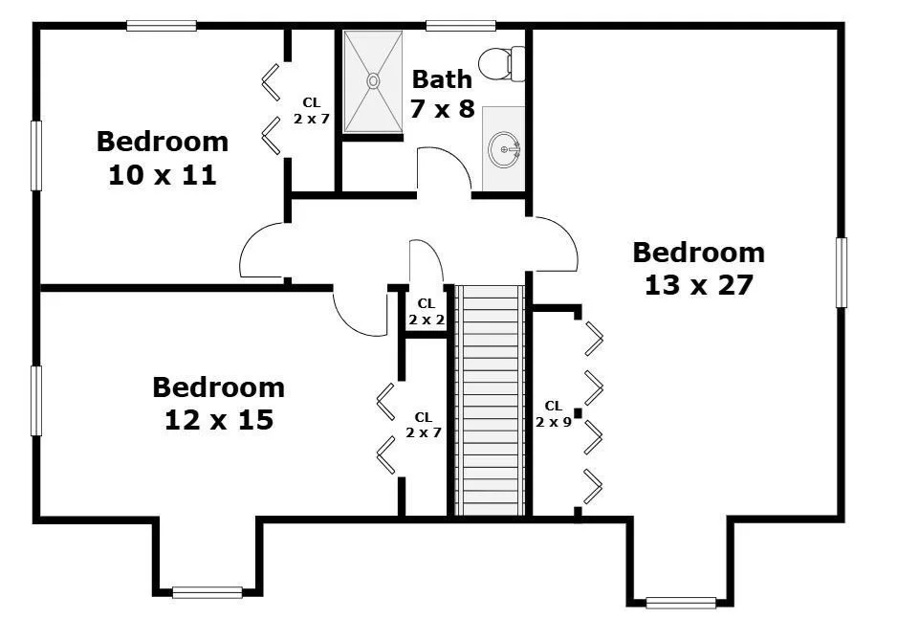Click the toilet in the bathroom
[501, 63]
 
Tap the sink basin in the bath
[504, 149]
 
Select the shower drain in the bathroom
[373, 81]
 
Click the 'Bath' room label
[442, 79]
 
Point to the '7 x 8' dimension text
[442, 107]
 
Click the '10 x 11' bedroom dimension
[163, 174]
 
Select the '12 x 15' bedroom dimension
[219, 420]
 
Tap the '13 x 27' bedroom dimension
[698, 285]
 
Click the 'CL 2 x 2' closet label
[427, 311]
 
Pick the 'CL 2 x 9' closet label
[553, 413]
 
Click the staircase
[490, 401]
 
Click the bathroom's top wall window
[461, 26]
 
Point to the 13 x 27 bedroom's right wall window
[841, 273]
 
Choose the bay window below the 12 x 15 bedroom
[208, 592]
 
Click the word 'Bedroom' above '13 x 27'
[698, 253]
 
